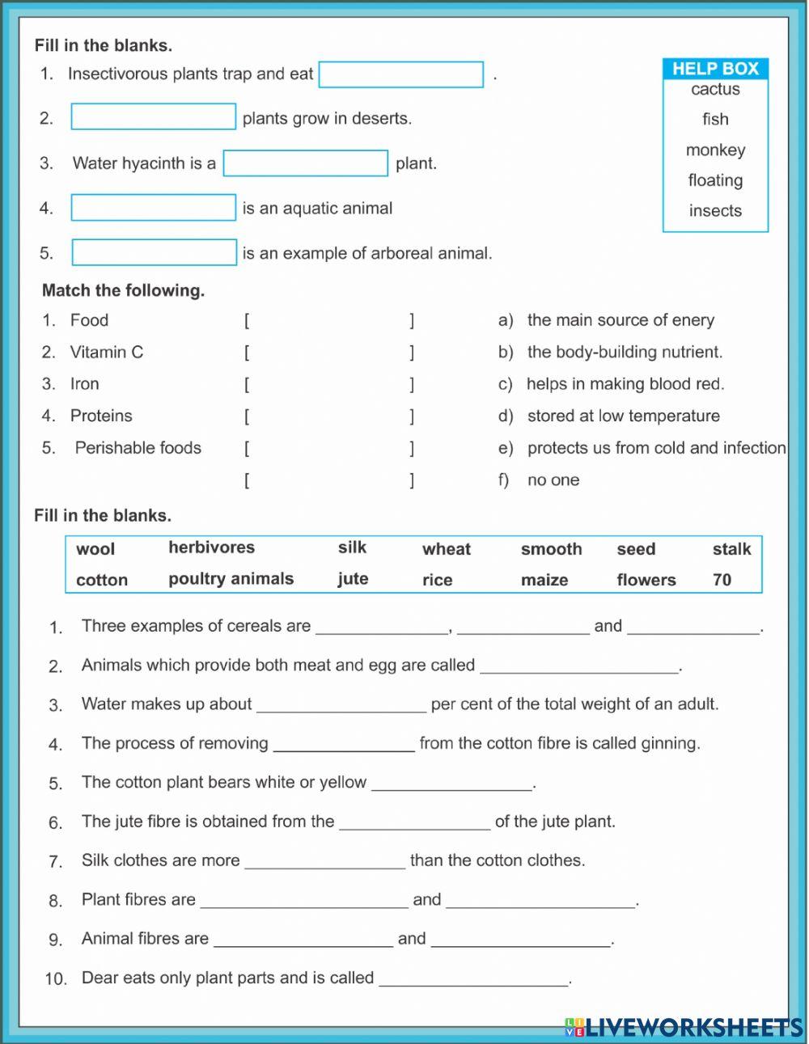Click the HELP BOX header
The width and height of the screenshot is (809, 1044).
[715, 69]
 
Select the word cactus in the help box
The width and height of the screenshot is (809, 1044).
[715, 89]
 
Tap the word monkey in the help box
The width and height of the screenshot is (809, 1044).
[715, 150]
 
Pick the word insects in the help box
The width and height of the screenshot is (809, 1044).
[715, 211]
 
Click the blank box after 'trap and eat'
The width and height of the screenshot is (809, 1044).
[401, 74]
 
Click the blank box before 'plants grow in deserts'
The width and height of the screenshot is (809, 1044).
[154, 117]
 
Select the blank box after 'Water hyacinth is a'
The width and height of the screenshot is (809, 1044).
[306, 163]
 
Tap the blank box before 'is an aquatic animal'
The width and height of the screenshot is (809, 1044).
[154, 208]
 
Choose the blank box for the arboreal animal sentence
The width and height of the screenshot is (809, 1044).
[155, 252]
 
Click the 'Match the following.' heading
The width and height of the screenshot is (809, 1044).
[123, 290]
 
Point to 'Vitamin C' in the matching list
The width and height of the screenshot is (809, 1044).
[106, 352]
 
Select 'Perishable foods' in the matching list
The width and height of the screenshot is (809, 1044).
[138, 448]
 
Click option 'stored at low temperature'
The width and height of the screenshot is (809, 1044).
[623, 416]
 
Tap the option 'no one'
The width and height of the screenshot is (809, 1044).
[553, 480]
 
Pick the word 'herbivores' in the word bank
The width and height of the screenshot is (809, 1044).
[211, 547]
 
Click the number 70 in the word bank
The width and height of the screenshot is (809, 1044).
[722, 580]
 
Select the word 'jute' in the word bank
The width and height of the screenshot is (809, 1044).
[353, 579]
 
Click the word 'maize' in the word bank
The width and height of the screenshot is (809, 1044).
[544, 580]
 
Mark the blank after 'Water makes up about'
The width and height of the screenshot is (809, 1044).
[341, 704]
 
